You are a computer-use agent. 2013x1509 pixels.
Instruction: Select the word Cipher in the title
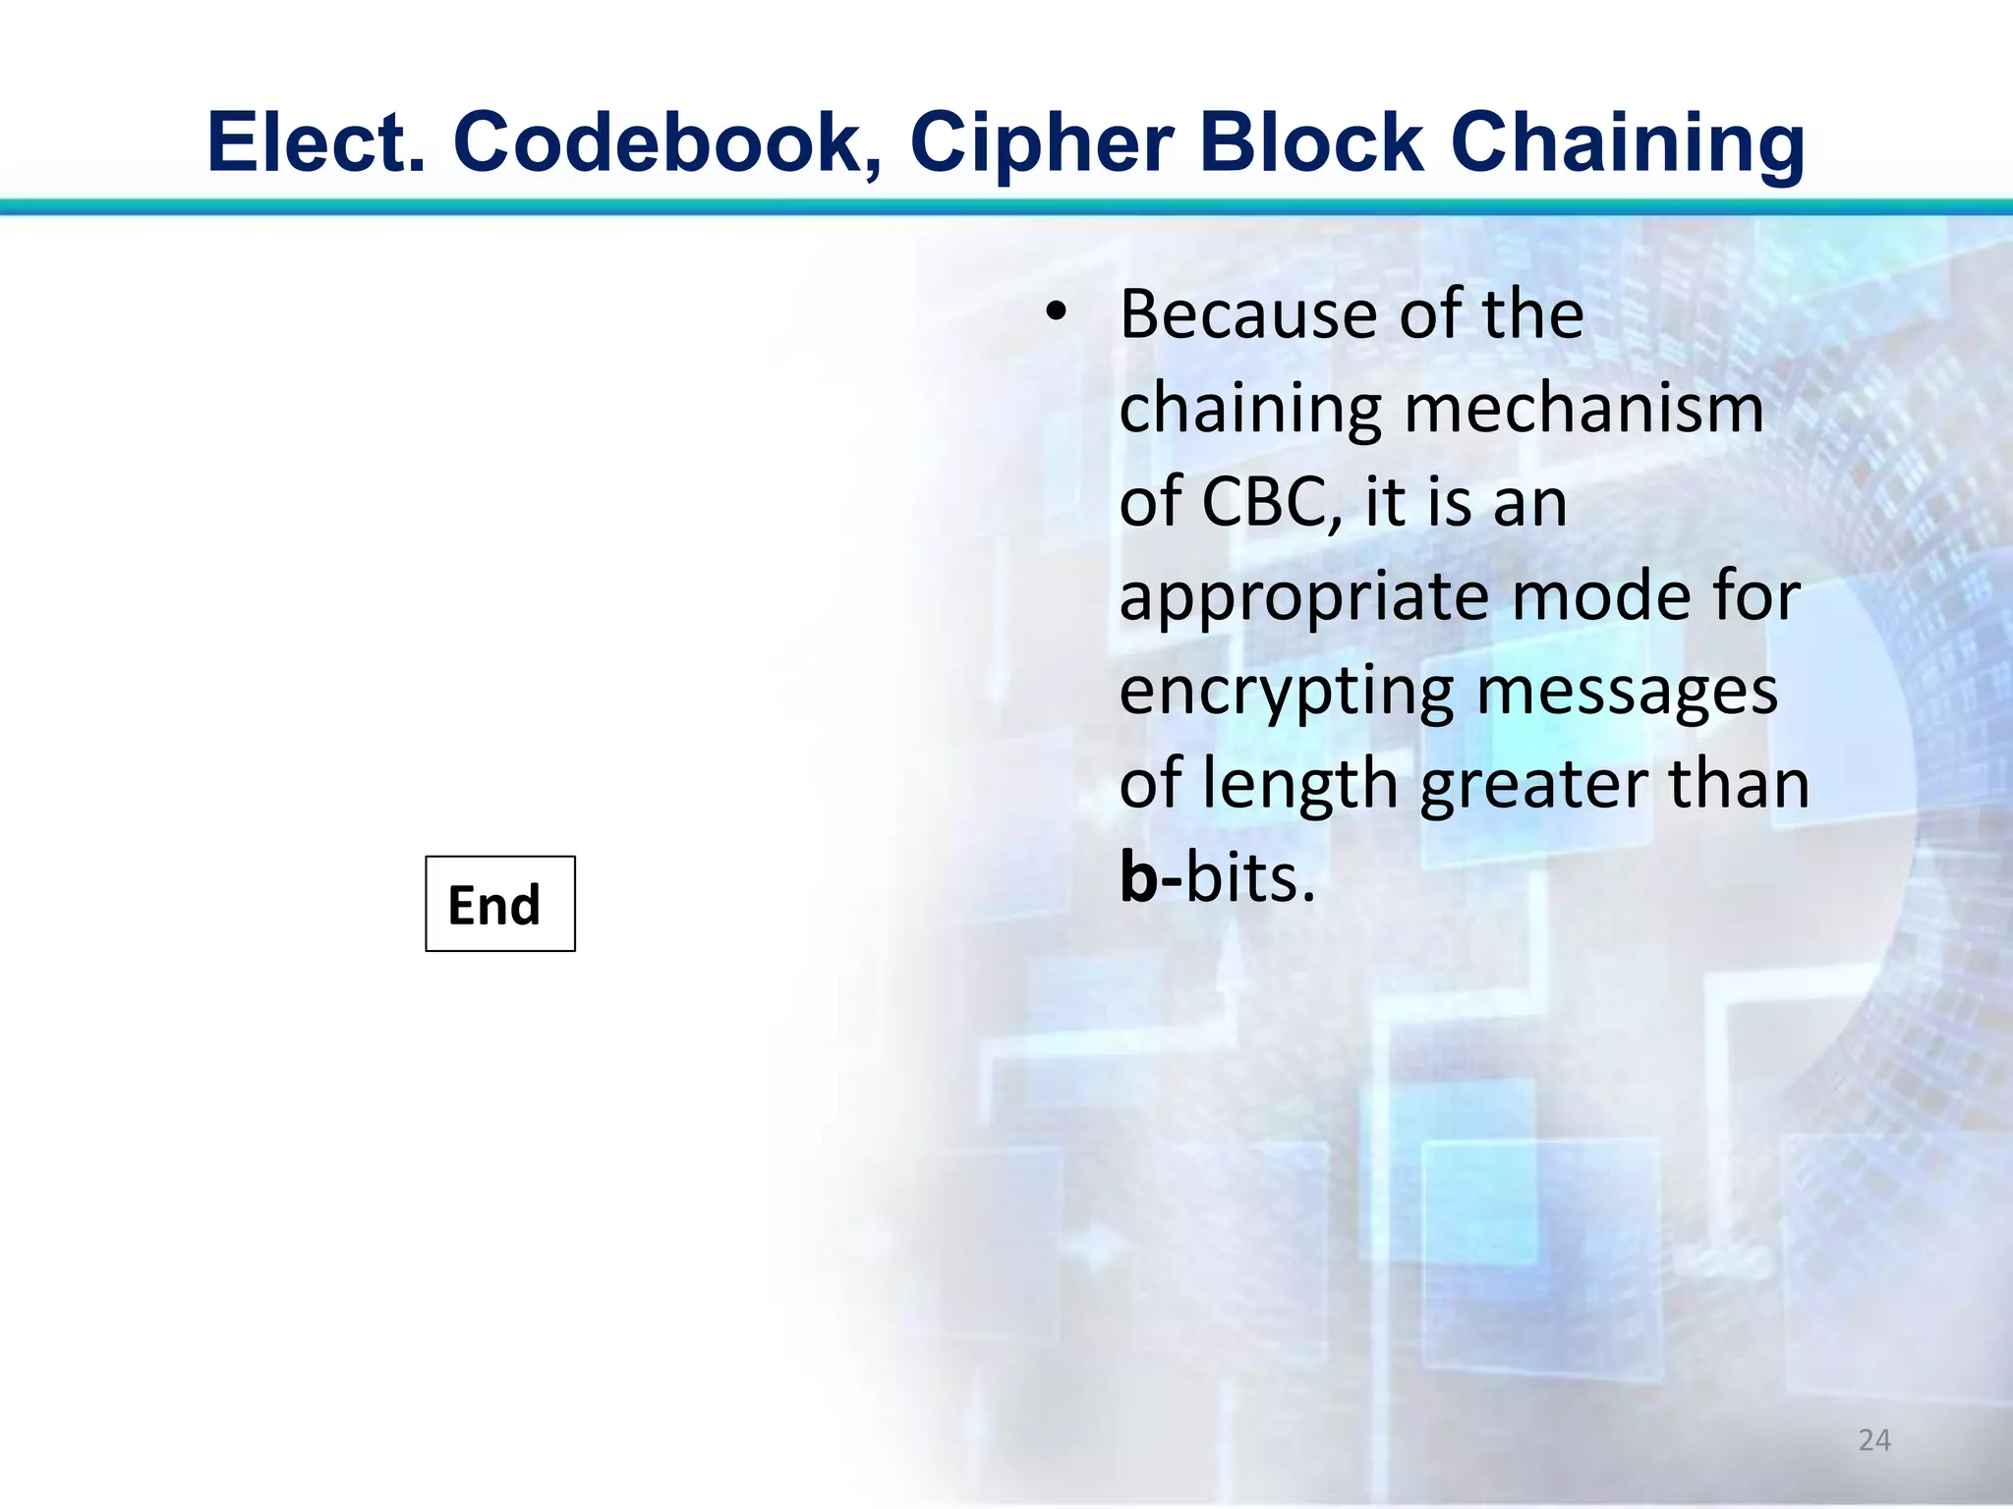[1042, 144]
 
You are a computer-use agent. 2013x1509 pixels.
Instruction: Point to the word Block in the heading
[1311, 142]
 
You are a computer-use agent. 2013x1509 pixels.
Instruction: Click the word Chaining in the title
[1627, 144]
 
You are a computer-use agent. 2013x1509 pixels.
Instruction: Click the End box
[499, 904]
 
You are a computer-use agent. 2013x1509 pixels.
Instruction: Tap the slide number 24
[1874, 1440]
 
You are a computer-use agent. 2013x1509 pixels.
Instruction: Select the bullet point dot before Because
[1056, 313]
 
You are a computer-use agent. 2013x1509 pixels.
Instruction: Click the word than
[1739, 784]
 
